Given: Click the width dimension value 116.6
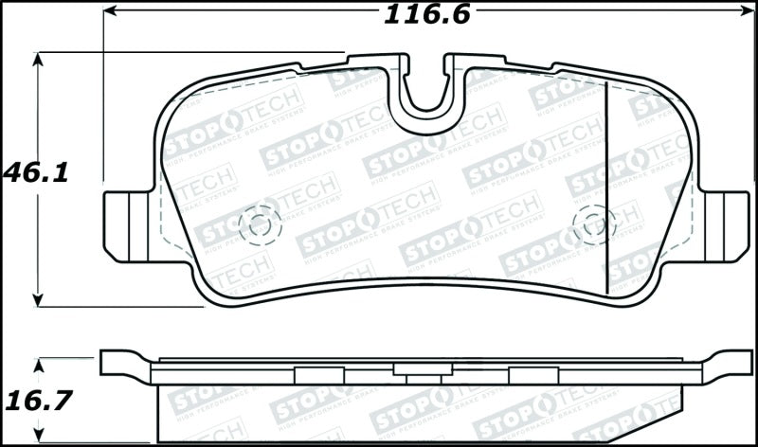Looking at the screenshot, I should (x=426, y=14).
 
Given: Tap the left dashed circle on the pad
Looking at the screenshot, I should (x=259, y=223).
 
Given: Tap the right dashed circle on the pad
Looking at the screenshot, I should (x=594, y=223).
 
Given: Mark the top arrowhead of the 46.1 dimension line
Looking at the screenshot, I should (x=38, y=60).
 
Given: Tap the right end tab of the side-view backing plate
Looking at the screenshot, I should (x=728, y=364).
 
